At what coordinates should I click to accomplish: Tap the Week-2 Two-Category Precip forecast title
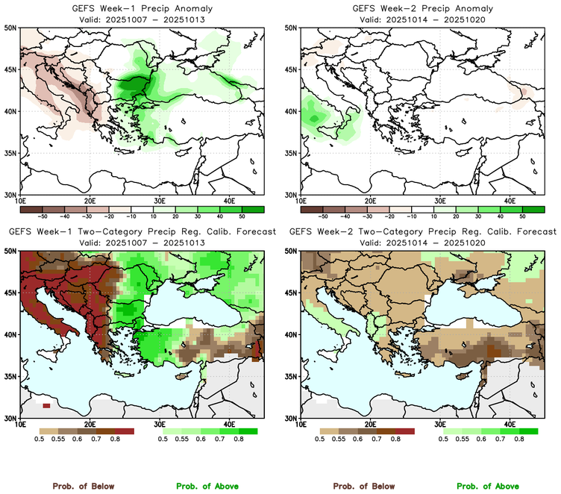422,231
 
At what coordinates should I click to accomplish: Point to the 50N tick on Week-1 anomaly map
11,28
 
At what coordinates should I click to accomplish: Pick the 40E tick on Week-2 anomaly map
510,201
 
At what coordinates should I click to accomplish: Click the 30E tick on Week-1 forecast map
160,425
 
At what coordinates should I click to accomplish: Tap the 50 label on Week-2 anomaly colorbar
522,213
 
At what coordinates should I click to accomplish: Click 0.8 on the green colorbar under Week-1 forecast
239,440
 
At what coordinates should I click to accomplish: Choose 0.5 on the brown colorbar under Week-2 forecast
319,440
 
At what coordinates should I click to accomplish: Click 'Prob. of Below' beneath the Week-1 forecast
83,486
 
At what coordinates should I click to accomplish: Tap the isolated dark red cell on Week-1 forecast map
47,405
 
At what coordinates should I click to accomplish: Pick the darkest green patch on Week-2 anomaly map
314,118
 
